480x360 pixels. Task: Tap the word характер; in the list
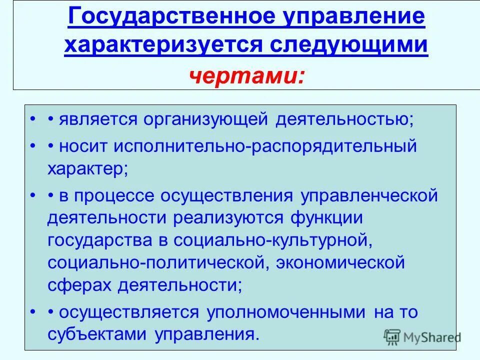tap(88, 168)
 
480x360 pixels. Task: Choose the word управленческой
tap(369, 195)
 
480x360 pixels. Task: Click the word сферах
tap(80, 285)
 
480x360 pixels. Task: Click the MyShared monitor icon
tap(392, 337)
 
